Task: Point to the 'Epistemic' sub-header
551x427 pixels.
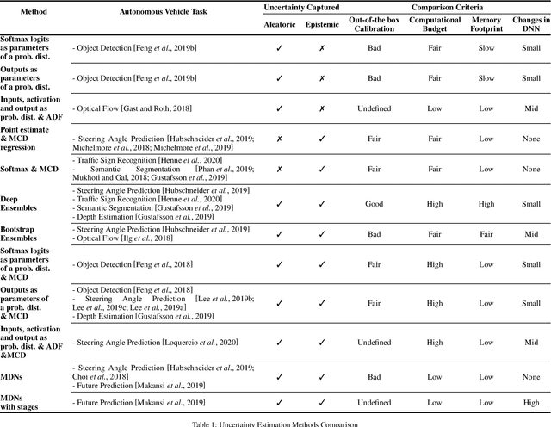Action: point(322,23)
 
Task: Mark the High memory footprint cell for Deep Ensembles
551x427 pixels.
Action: point(486,203)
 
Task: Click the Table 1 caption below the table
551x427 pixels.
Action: point(275,423)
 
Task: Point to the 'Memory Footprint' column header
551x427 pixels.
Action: point(486,23)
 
